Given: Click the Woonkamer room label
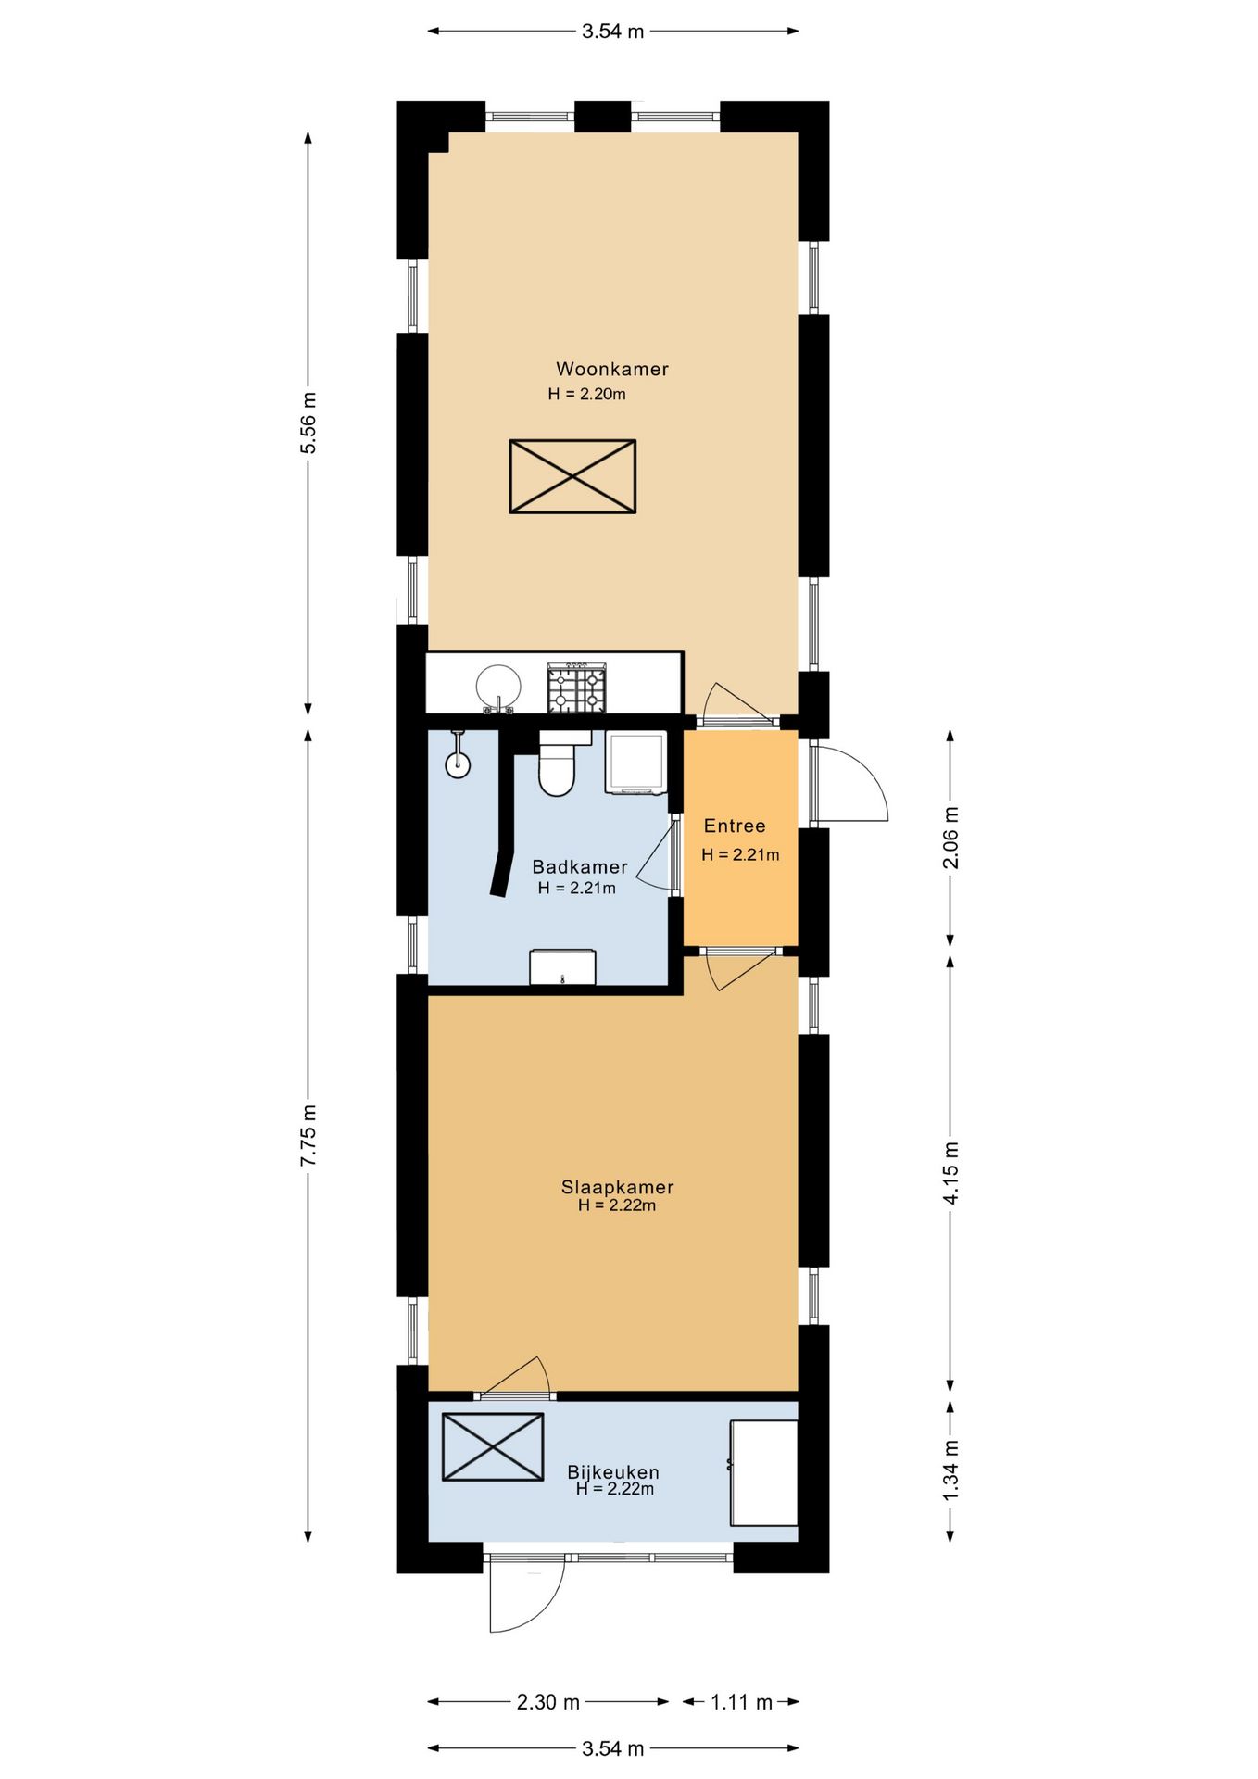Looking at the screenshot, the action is (612, 369).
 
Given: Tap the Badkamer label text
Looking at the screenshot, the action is (580, 867).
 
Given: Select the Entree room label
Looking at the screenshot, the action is (735, 826).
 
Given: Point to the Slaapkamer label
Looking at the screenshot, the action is (617, 1187).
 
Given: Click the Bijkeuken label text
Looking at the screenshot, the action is (613, 1472).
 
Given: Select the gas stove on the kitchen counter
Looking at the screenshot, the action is (576, 688).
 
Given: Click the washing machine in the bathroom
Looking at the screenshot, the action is (635, 763).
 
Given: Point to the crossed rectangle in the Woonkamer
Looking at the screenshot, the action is (572, 476).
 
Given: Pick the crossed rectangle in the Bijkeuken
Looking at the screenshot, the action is (493, 1446).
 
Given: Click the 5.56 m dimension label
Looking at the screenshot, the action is (308, 423).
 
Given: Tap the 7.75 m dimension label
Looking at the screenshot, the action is (308, 1135).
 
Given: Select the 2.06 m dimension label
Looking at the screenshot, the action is (950, 838).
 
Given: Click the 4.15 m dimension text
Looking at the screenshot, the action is (950, 1173).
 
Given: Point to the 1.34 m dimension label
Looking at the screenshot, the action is (950, 1471).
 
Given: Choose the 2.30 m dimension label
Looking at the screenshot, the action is (548, 1702).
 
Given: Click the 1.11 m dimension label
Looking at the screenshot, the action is (741, 1702).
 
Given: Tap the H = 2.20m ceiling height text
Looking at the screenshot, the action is (586, 394).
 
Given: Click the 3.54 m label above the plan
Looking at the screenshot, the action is (612, 32).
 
